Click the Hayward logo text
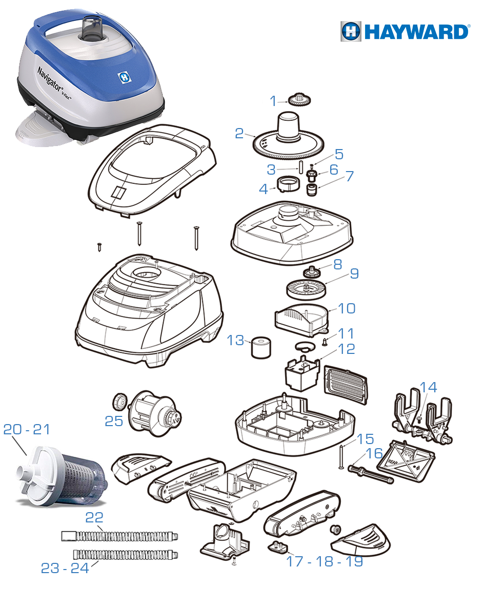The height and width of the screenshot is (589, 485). point(417,32)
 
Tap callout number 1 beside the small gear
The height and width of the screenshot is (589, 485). point(273,101)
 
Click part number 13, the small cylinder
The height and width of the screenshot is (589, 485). point(261,348)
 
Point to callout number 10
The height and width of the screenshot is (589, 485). point(347,308)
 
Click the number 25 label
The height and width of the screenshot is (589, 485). point(114,421)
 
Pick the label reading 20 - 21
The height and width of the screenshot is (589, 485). point(26,429)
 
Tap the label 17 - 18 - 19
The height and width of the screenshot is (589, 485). point(325,561)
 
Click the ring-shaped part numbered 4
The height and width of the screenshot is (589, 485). point(288,184)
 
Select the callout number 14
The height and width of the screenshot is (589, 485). point(428,387)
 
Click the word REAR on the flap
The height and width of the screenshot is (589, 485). point(393,461)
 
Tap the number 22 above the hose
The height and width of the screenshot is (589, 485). point(94,518)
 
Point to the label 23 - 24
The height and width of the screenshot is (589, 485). point(65,568)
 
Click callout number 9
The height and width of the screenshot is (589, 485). point(354,273)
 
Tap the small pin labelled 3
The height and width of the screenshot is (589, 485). point(301,166)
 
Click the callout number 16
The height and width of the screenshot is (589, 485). point(374,453)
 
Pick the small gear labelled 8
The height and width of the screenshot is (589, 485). point(311,271)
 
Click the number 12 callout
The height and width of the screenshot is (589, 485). point(347,349)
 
